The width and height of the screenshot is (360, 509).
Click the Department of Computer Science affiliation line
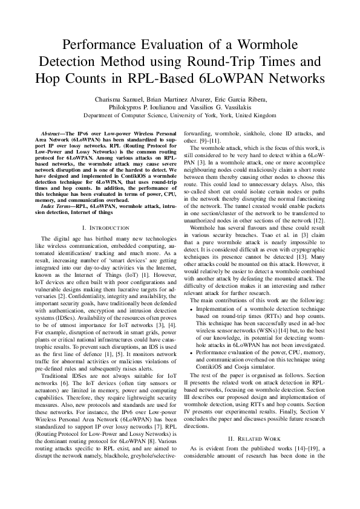point(180,115)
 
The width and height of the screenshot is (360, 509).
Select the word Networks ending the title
point(293,79)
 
